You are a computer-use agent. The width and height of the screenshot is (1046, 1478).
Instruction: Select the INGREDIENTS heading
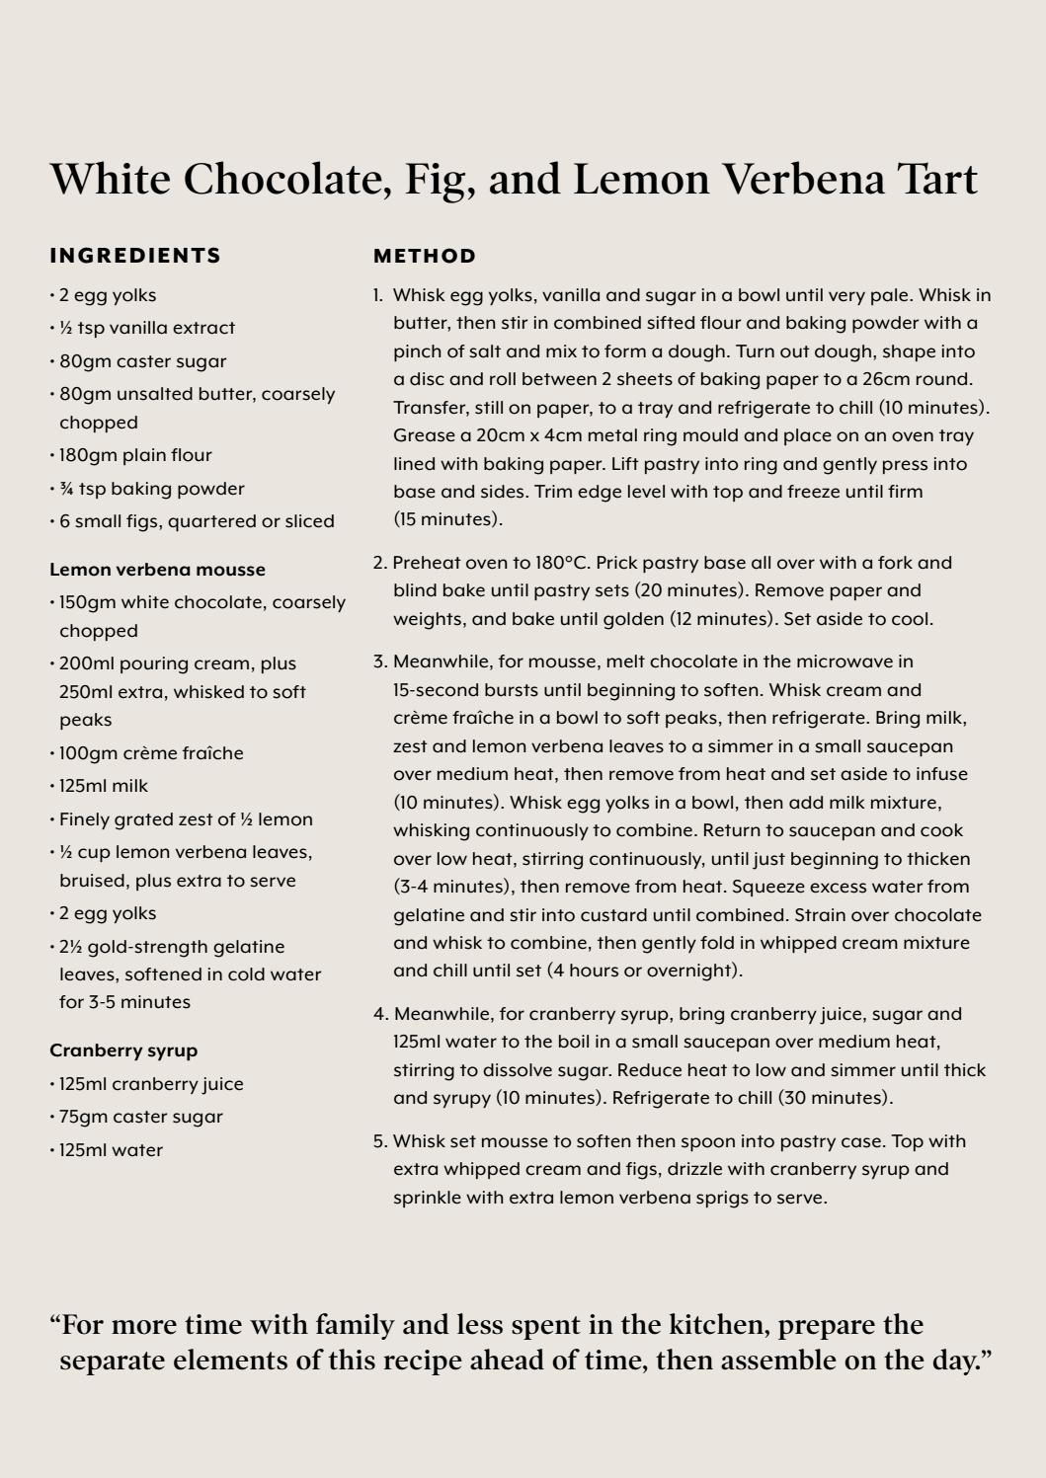click(135, 256)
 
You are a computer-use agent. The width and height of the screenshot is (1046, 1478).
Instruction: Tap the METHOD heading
click(425, 257)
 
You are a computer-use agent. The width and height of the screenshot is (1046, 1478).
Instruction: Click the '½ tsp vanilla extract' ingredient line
click(147, 328)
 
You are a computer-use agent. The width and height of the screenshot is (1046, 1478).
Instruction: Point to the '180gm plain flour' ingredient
click(135, 455)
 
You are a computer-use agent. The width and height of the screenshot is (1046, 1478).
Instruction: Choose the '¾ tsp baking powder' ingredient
click(151, 489)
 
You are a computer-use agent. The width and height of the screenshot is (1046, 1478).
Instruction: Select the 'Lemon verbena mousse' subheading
click(157, 570)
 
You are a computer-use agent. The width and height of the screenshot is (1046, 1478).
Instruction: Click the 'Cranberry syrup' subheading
click(123, 1050)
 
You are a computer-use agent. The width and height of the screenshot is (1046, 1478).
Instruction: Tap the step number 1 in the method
click(377, 295)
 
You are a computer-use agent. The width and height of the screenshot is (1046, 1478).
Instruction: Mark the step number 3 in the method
click(379, 661)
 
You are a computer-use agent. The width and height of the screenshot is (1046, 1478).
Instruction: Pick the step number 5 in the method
click(379, 1141)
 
